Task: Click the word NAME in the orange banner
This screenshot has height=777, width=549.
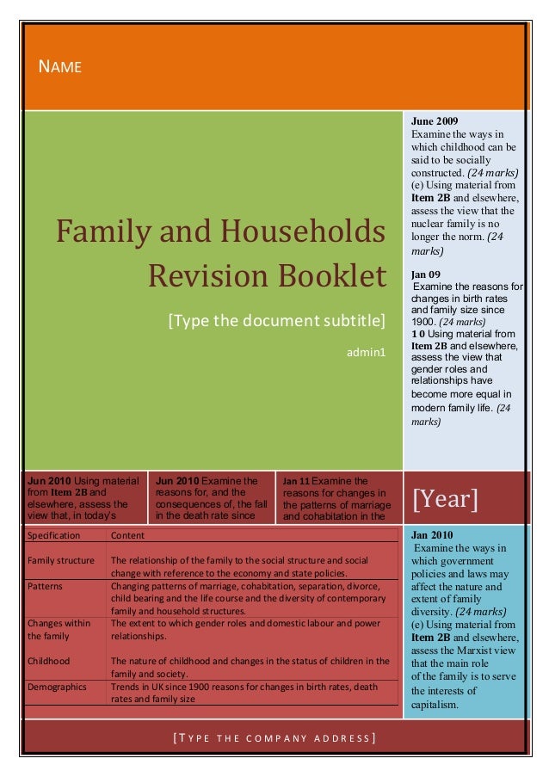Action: coord(59,66)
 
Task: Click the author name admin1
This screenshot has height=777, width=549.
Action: coord(367,352)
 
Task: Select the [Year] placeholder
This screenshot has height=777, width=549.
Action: coord(446,499)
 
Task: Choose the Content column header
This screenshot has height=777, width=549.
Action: coord(127,535)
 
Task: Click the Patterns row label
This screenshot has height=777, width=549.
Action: coord(45,585)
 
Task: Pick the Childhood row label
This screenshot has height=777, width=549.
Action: coord(49,661)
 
